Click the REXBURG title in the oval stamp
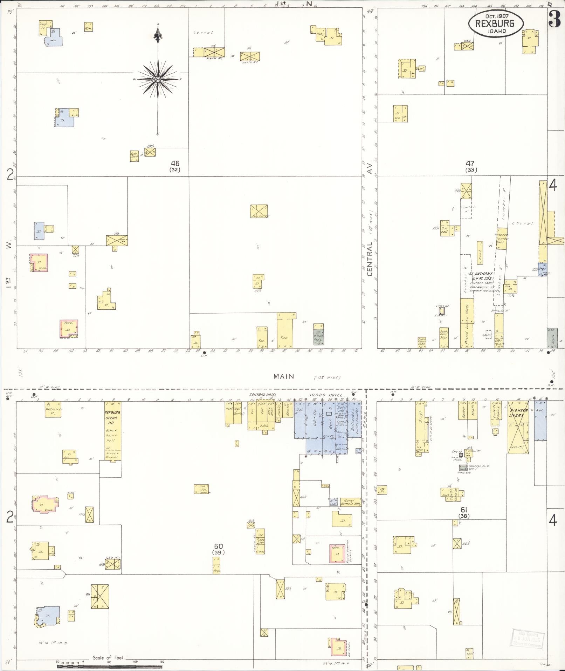tap(495, 24)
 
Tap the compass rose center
tap(158, 79)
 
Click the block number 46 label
tap(175, 163)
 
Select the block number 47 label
tap(470, 163)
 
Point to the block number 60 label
tap(218, 546)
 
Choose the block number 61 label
tap(464, 510)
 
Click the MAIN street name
tap(284, 376)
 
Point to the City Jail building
tap(445, 229)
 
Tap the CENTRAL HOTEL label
tap(263, 395)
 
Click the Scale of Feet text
tap(108, 658)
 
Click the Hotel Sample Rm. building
tap(351, 502)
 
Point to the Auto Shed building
tap(135, 156)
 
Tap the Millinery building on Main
tap(53, 409)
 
